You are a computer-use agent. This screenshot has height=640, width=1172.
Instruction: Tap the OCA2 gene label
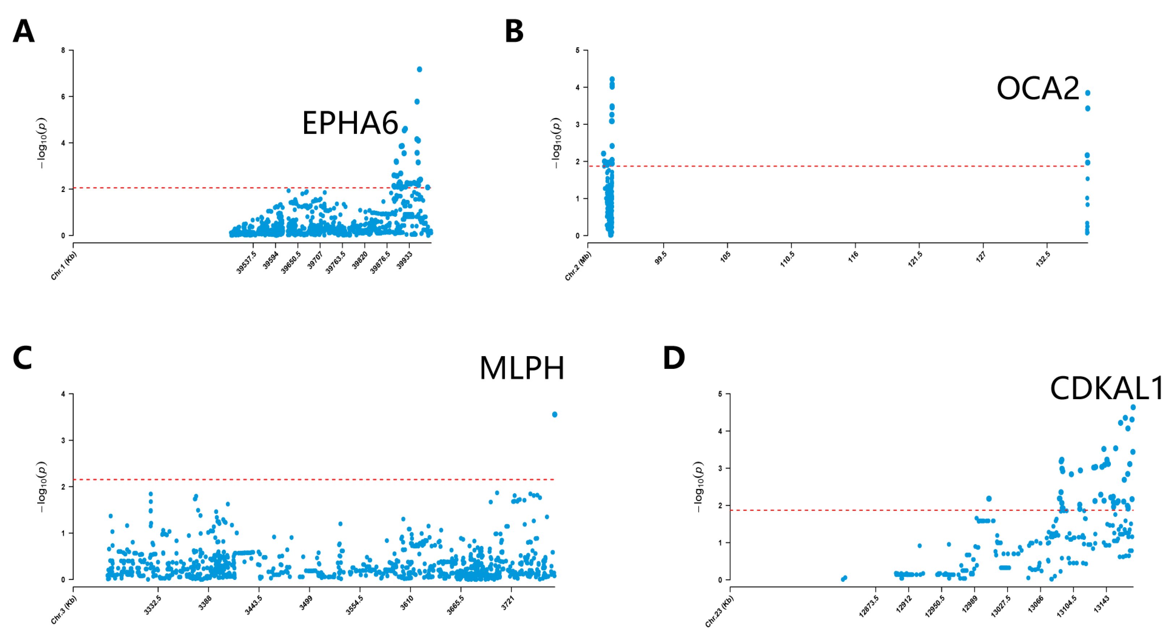[1038, 88]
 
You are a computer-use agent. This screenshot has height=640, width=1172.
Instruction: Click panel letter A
[24, 31]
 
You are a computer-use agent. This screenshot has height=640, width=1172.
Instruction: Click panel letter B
[514, 31]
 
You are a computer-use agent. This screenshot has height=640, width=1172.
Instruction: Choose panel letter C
[23, 358]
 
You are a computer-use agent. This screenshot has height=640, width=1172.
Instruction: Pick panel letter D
[674, 358]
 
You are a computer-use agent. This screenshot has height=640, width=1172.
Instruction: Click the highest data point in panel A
[419, 69]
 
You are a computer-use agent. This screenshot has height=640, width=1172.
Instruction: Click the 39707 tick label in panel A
[315, 260]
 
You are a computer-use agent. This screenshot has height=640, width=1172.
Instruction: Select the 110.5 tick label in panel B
[787, 259]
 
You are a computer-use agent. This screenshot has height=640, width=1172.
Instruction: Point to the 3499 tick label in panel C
[306, 603]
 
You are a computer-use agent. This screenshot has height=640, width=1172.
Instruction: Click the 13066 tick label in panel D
[1036, 605]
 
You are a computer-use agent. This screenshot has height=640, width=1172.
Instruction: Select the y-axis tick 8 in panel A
[63, 51]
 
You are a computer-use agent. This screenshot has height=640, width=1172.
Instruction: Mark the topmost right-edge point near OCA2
[1087, 93]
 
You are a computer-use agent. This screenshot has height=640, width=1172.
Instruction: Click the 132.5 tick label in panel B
[1043, 259]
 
